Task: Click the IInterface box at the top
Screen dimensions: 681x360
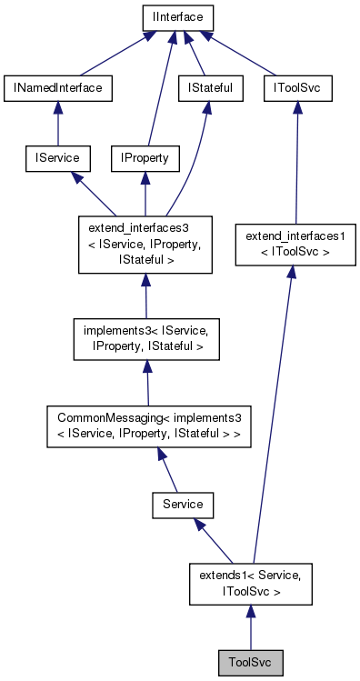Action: coord(177,16)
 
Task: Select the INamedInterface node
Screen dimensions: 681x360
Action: coord(58,87)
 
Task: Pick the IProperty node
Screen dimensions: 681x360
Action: coord(145,158)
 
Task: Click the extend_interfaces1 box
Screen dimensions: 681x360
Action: coord(289,243)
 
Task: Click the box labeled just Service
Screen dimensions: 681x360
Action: coord(182,503)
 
